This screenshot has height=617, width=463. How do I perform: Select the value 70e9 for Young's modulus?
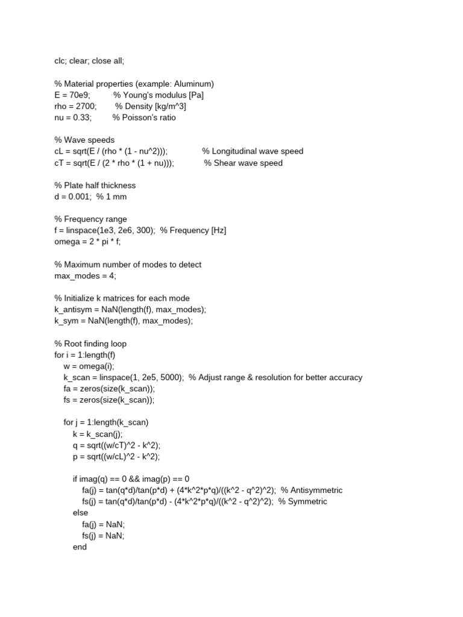[76, 95]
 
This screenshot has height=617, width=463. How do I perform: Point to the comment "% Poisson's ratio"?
[144, 117]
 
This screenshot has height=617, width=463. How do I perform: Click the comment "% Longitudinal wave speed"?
[253, 151]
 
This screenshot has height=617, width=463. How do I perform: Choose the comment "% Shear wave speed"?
[243, 163]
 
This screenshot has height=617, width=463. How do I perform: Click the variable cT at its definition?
[59, 163]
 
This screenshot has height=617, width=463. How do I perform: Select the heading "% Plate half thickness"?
[95, 186]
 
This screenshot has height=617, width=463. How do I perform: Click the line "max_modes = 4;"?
[85, 276]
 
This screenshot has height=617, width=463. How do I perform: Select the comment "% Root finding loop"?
[90, 343]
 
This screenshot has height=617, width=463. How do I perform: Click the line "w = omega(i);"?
[89, 366]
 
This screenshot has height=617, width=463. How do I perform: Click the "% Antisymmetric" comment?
[311, 490]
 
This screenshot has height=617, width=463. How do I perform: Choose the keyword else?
[80, 513]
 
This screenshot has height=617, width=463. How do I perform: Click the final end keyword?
[80, 547]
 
